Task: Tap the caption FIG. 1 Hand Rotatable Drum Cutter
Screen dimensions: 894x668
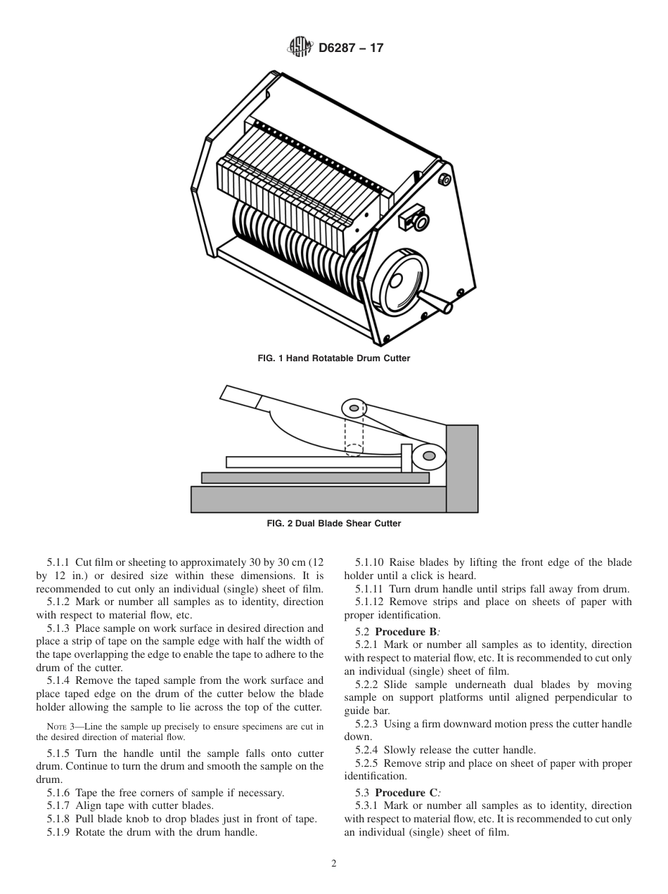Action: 334,358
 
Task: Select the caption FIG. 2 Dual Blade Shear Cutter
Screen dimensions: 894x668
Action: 334,524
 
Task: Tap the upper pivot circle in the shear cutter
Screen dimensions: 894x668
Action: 354,408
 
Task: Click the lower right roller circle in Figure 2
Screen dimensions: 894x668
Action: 428,456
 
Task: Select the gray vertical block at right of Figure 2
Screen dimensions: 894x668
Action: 462,467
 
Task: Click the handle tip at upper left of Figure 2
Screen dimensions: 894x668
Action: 239,396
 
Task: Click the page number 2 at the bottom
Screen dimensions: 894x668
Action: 334,864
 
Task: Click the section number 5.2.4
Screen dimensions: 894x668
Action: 366,750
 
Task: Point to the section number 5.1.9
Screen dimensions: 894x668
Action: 58,833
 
